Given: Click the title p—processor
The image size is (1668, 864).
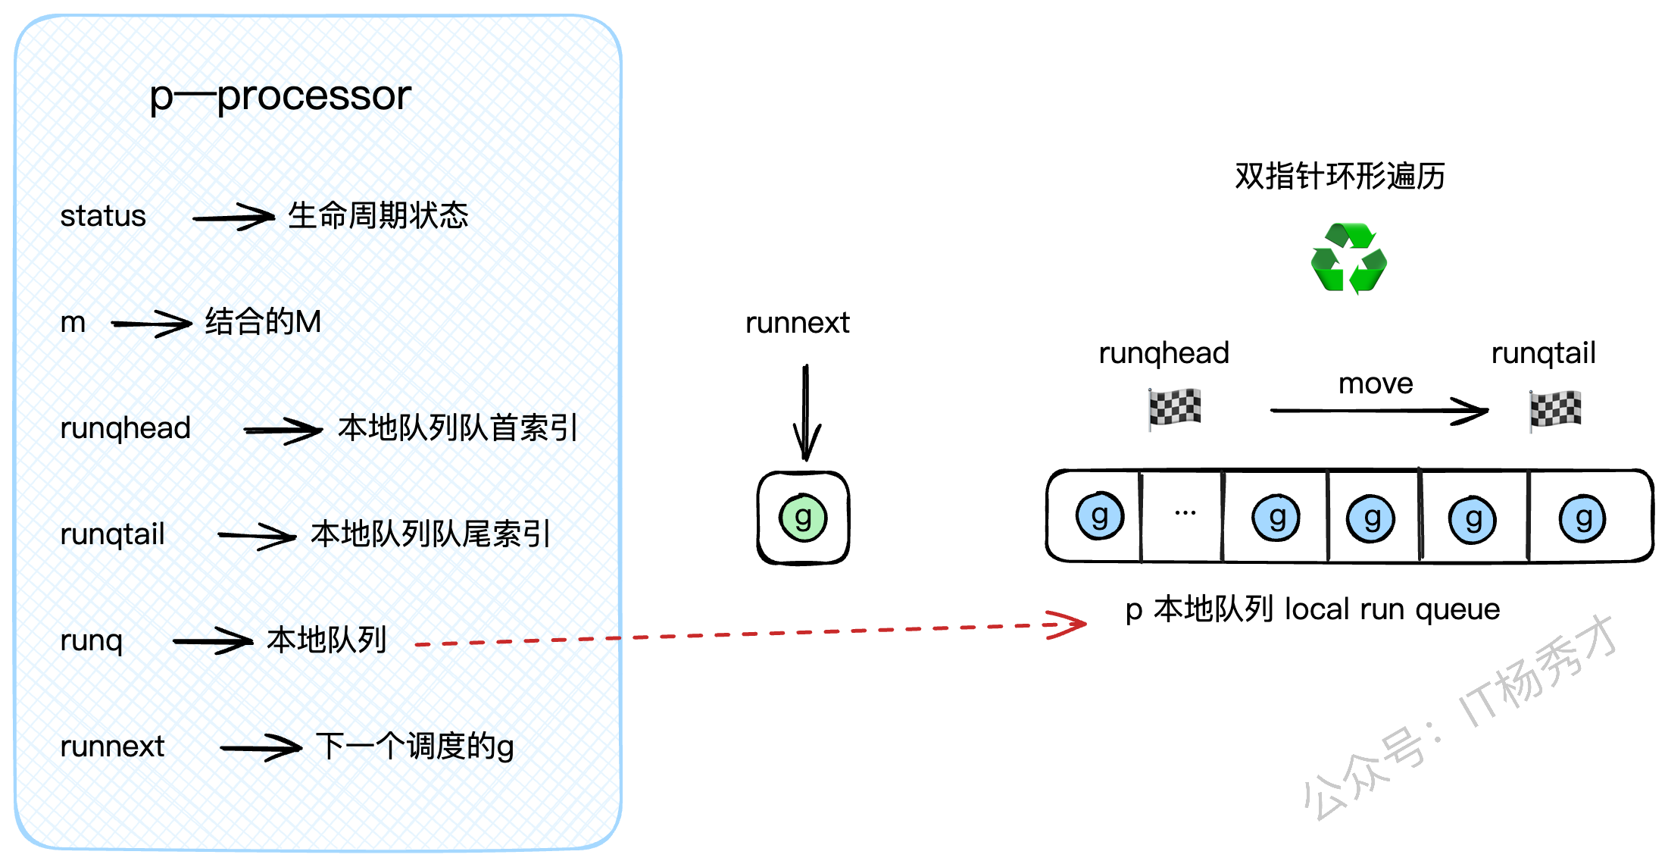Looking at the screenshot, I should click(x=280, y=96).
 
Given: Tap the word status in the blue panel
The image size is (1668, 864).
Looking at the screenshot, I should click(x=103, y=216).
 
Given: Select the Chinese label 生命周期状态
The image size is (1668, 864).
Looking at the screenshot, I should click(x=378, y=216).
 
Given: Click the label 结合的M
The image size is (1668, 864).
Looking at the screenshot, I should click(x=263, y=322).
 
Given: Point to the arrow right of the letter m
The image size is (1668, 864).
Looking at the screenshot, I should click(x=151, y=324).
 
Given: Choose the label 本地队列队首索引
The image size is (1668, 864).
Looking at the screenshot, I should click(x=458, y=428).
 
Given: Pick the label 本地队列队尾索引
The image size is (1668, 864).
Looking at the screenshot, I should click(x=430, y=534).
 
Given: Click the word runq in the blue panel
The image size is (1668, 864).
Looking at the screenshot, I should click(x=91, y=641).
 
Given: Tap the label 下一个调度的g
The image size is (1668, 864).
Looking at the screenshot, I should click(x=414, y=747).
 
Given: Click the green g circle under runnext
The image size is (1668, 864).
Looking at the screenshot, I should click(x=803, y=518).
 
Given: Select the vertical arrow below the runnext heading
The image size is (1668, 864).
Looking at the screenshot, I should click(x=806, y=412).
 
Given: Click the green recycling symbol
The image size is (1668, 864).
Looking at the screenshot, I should click(x=1348, y=258).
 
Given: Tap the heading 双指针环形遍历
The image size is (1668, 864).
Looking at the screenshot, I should click(x=1339, y=176).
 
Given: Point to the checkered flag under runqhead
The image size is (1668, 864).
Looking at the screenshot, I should click(x=1174, y=409).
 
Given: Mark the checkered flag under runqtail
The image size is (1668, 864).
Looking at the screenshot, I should click(x=1554, y=410).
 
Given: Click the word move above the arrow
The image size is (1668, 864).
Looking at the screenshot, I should click(x=1376, y=383).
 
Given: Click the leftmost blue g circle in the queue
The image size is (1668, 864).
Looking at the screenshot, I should click(x=1100, y=516).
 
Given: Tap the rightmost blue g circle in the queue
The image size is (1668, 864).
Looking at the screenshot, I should click(x=1582, y=518).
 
